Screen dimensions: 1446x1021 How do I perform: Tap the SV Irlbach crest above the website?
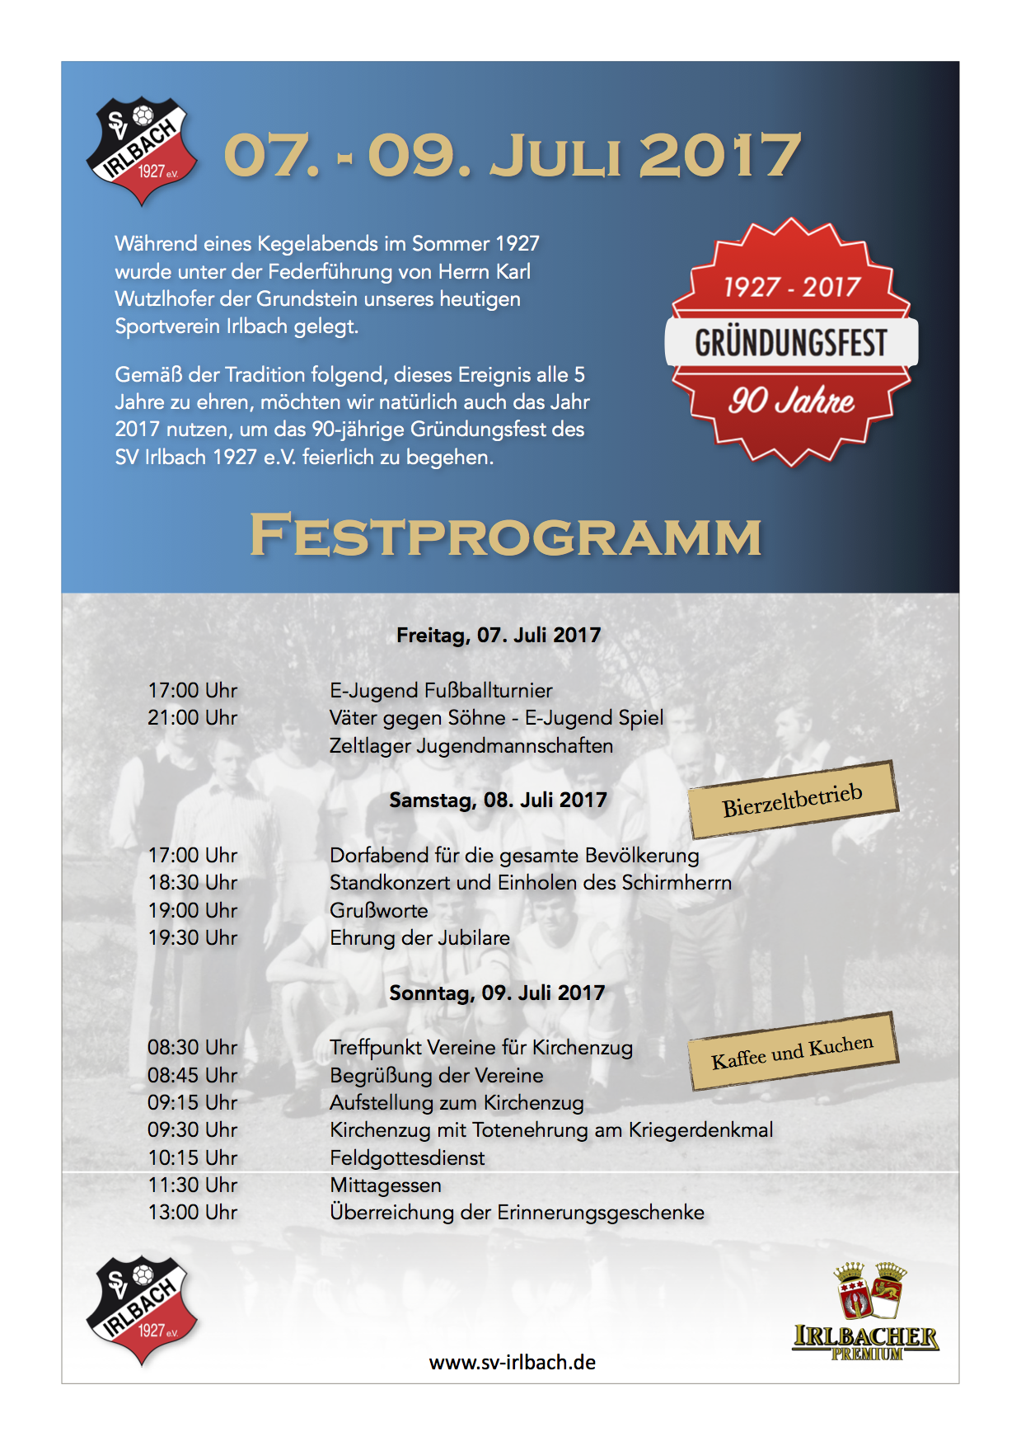142,1309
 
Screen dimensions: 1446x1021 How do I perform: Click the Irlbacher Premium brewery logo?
865,1311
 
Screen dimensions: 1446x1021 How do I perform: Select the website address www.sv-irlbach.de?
512,1363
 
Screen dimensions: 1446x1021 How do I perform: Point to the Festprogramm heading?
505,536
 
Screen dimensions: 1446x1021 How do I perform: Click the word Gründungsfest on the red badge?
791,342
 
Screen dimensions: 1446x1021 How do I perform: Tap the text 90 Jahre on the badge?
791,401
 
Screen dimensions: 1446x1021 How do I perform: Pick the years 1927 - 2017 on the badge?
791,287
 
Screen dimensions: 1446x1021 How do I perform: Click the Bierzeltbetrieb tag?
793,800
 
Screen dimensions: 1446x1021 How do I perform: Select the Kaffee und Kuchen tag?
793,1052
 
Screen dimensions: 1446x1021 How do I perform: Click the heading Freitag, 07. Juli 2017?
499,635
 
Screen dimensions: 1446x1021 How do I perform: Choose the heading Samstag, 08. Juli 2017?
498,800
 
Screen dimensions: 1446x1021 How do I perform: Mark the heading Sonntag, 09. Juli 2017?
497,993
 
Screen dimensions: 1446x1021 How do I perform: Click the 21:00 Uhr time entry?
192,718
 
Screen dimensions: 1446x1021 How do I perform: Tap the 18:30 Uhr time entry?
192,883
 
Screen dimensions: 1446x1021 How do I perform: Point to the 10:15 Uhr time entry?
192,1157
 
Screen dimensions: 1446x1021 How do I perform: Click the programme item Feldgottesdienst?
407,1157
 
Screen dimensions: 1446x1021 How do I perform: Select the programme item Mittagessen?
386,1185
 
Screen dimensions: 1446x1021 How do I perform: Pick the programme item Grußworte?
379,910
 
